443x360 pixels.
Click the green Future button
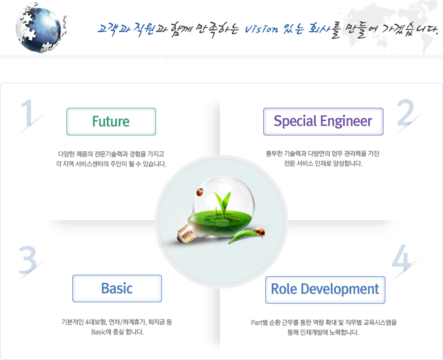pyautogui.click(x=111, y=122)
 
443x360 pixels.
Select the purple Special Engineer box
pyautogui.click(x=323, y=122)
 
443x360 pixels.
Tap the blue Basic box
pyautogui.click(x=117, y=289)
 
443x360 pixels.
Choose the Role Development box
pyautogui.click(x=325, y=290)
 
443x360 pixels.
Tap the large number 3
pyautogui.click(x=28, y=260)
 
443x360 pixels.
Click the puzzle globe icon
pyautogui.click(x=40, y=28)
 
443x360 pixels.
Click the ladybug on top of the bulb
pyautogui.click(x=200, y=192)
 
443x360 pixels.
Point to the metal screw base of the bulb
pyautogui.click(x=185, y=233)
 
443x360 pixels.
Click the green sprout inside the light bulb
pyautogui.click(x=223, y=204)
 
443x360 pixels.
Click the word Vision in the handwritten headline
pyautogui.click(x=261, y=29)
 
